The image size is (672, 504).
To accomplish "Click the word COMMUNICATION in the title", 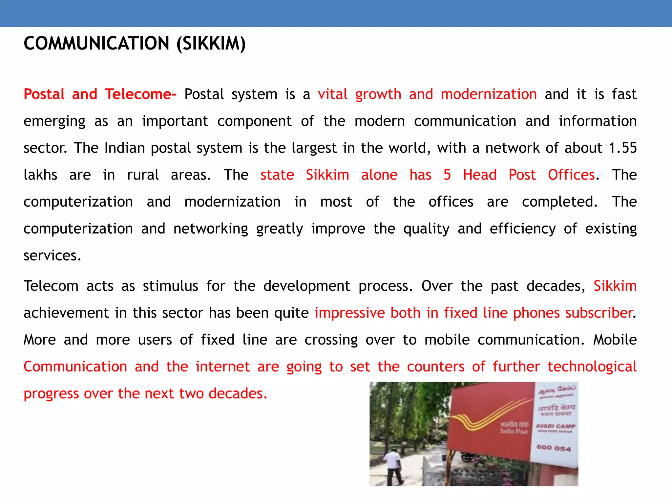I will tap(96, 44).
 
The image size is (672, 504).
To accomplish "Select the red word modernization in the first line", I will tap(489, 94).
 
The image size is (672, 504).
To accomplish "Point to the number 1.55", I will tap(622, 148).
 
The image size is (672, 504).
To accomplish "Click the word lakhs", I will tap(40, 175).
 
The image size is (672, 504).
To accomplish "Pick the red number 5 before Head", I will tap(447, 175).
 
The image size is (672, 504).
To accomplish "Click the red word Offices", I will tap(571, 175).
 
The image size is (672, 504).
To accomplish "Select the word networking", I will tap(211, 229).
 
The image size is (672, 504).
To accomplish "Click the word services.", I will tap(52, 256).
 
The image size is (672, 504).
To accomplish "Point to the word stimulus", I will tap(170, 286).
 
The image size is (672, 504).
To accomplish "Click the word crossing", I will tap(331, 340).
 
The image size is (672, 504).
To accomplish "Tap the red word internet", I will tap(223, 367).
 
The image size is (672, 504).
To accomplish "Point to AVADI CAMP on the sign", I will tap(555, 426).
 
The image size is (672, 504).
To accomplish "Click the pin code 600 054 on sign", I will tap(554, 448).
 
